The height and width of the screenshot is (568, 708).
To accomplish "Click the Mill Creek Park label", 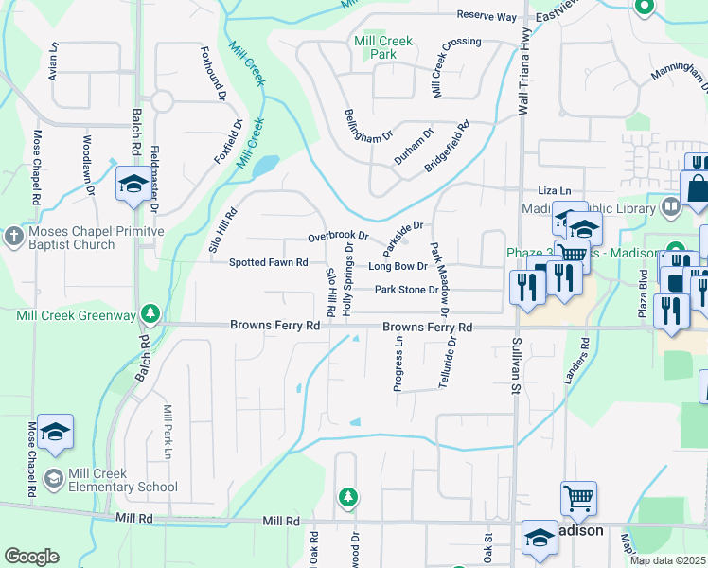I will [382, 48].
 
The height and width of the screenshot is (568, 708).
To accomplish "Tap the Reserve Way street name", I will [487, 16].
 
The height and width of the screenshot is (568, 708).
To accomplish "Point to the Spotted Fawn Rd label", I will [270, 262].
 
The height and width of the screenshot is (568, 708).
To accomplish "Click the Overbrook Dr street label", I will [337, 237].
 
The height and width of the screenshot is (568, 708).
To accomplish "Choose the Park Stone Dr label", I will [406, 290].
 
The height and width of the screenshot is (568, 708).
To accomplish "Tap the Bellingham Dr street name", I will [368, 124].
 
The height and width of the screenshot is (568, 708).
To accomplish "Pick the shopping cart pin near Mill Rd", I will [578, 498].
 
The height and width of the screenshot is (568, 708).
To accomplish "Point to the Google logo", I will [31, 557].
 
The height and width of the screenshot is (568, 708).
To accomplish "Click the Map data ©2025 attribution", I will [667, 560].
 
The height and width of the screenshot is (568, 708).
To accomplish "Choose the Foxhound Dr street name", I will [214, 74].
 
